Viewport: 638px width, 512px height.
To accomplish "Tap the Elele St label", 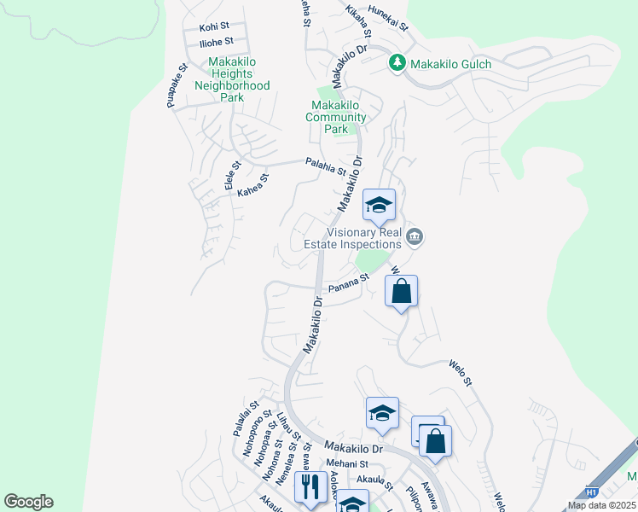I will [x=230, y=177].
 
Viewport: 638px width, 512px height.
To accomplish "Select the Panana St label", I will [x=348, y=281].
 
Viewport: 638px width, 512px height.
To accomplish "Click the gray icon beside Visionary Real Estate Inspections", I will [x=415, y=236].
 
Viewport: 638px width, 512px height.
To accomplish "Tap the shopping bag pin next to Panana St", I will [x=401, y=292].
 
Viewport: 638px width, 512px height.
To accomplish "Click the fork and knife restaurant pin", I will [x=308, y=487].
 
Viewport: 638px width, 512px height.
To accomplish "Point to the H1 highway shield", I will [x=592, y=493].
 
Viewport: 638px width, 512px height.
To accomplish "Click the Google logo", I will [x=28, y=502].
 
